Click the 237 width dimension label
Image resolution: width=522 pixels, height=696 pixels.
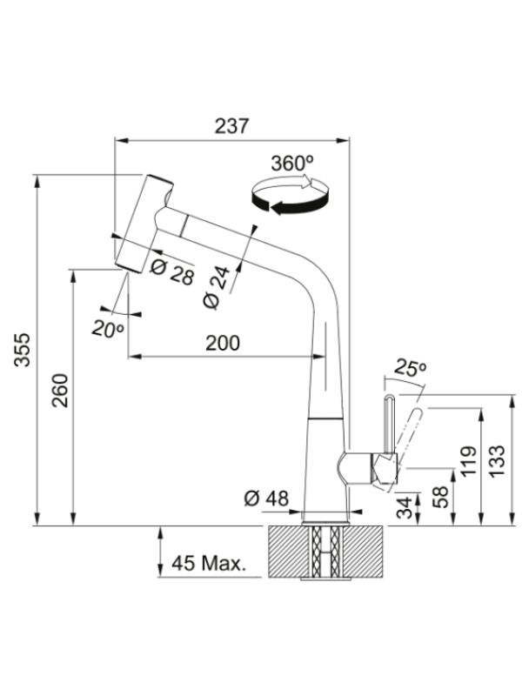click(x=232, y=126)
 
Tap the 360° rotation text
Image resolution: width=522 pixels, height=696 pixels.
click(x=292, y=164)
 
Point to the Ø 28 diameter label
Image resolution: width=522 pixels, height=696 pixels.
click(x=172, y=271)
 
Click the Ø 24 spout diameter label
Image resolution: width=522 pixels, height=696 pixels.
click(x=217, y=287)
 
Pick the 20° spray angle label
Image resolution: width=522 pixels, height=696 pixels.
click(x=107, y=329)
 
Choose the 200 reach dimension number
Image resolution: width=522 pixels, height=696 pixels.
click(x=223, y=343)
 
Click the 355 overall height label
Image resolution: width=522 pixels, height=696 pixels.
click(x=23, y=350)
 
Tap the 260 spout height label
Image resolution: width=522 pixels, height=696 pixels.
click(x=60, y=391)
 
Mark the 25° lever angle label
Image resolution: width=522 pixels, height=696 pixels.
click(x=410, y=367)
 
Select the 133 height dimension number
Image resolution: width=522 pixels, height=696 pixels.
click(x=498, y=461)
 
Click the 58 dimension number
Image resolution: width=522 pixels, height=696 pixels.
click(x=440, y=497)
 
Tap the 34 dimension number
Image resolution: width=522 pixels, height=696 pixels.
click(x=405, y=508)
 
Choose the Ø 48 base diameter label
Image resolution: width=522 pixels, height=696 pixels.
click(x=266, y=499)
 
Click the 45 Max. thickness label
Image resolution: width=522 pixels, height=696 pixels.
click(x=209, y=563)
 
